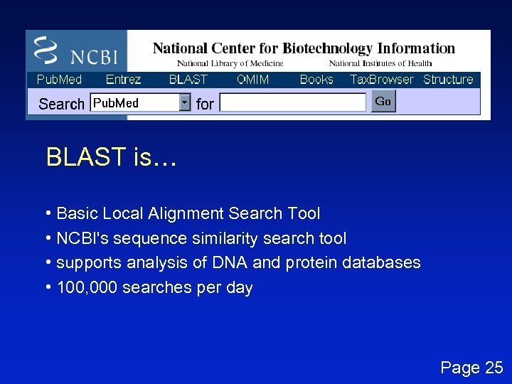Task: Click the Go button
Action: click(x=383, y=102)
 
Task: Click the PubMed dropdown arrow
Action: click(x=185, y=103)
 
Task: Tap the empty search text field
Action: click(x=292, y=103)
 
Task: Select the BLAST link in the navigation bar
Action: click(x=188, y=80)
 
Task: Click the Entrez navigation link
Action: click(x=123, y=80)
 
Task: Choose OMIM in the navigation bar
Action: click(x=253, y=80)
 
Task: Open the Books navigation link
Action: click(x=316, y=80)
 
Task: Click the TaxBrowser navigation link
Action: click(x=382, y=80)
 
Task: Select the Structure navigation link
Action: click(x=448, y=80)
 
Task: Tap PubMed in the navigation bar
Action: click(x=59, y=80)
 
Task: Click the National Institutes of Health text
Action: click(x=380, y=64)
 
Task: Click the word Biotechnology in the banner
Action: click(x=328, y=49)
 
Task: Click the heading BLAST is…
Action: click(x=110, y=157)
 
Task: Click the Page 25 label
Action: click(x=471, y=368)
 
